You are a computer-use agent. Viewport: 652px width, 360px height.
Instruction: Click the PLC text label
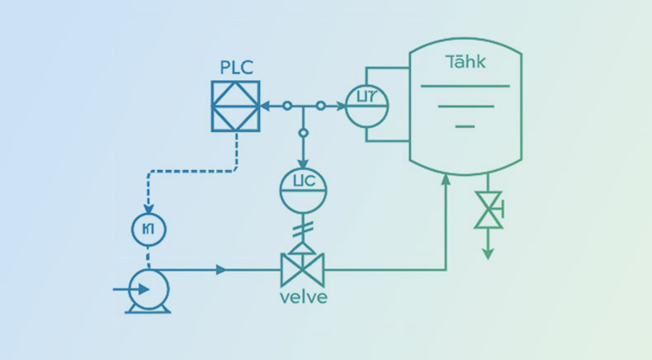point(236,66)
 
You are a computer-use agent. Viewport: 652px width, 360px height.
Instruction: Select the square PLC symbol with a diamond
point(236,106)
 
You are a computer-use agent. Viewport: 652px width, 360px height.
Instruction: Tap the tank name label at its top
point(465,62)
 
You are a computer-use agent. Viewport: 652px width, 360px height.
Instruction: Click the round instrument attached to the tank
point(366,105)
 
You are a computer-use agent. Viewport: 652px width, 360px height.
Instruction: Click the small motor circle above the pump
point(149,229)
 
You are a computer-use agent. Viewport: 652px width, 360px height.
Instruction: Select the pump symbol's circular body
point(149,289)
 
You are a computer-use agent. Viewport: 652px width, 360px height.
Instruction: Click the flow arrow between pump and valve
point(220,269)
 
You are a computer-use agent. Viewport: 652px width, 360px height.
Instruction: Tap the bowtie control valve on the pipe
point(302,269)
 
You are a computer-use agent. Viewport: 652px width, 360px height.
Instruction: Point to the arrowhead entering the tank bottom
point(446,178)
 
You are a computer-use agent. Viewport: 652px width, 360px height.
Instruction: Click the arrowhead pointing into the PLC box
point(265,106)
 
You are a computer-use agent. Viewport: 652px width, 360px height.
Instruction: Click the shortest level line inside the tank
point(465,126)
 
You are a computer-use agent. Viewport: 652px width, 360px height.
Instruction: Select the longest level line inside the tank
point(465,86)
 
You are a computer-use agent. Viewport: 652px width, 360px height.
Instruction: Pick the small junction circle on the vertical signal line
point(303,132)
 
